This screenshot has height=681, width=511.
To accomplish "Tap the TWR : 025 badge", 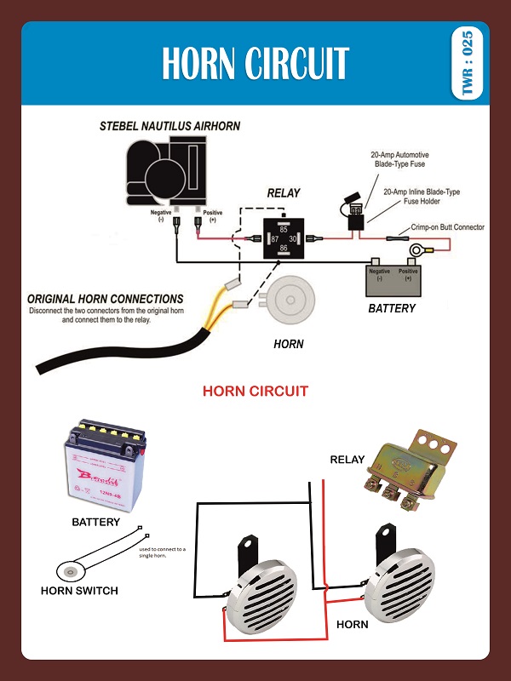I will tap(467, 64).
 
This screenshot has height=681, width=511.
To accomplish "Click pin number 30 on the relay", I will tap(293, 239).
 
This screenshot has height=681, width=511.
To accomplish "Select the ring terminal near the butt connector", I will tap(418, 250).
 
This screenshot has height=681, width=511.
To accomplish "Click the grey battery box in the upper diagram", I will tap(394, 280).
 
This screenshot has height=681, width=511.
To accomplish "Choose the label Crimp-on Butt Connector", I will tap(447, 227).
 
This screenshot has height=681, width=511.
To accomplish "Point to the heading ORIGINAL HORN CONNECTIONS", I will tap(105, 299).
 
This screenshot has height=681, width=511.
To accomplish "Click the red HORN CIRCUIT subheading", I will tap(255, 392).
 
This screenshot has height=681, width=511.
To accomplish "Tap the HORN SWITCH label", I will tap(79, 590).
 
